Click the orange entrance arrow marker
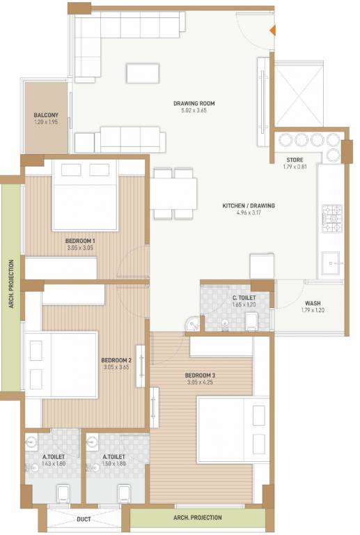tap(273, 30)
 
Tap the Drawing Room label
tap(194, 103)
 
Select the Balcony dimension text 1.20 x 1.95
tap(46, 122)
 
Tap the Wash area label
tap(313, 303)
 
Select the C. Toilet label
tap(244, 297)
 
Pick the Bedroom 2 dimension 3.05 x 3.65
tap(116, 367)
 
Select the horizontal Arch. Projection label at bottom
tap(197, 518)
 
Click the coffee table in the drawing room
tap(142, 73)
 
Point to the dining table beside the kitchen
tap(173, 193)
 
